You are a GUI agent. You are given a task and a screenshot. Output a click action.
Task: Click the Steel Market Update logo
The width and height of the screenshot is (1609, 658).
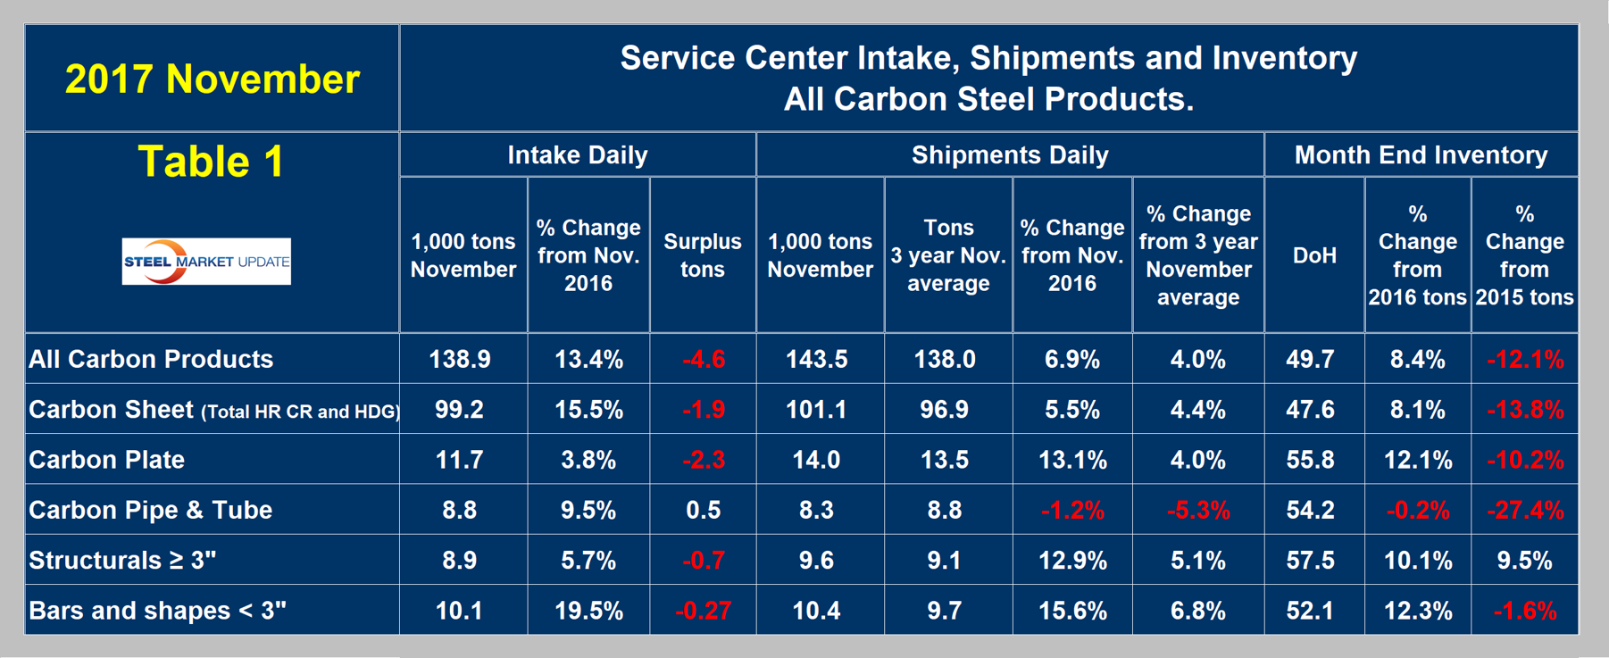[x=206, y=262]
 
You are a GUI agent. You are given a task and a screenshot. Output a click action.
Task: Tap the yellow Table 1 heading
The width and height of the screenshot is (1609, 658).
[x=212, y=162]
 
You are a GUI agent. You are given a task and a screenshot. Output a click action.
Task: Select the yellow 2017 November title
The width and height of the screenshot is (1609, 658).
[x=213, y=79]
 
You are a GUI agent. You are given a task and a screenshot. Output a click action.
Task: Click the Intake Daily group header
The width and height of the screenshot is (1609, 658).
[x=578, y=155]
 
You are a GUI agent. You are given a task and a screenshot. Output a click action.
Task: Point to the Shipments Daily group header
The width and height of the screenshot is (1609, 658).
[x=1010, y=155]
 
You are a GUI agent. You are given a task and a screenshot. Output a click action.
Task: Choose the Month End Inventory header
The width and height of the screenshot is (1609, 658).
[x=1421, y=155]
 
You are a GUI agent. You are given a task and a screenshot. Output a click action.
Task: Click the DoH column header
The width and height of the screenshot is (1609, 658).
[x=1314, y=255]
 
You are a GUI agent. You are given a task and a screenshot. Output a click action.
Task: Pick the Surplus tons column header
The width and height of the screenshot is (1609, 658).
[x=703, y=255]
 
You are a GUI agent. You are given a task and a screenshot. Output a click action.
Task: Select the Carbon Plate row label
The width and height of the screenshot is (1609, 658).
[x=107, y=460]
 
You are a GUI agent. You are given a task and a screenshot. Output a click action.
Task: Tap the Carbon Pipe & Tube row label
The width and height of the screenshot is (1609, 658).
[x=151, y=510]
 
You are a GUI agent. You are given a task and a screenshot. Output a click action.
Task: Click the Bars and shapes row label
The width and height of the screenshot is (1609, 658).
[x=158, y=611]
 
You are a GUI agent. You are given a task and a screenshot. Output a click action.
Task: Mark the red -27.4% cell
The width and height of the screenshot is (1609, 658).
[x=1525, y=511]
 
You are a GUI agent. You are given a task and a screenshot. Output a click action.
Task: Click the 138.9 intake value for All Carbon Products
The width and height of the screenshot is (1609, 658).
[x=460, y=360]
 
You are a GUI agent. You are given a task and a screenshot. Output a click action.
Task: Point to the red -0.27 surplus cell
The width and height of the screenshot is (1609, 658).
[x=704, y=611]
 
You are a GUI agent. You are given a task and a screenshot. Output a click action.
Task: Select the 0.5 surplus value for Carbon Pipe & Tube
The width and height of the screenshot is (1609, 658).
[x=704, y=511]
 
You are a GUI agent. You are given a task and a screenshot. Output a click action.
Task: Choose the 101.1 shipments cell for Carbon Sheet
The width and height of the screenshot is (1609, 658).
[x=816, y=410]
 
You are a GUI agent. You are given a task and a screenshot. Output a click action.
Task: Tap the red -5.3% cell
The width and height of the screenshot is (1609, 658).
[x=1198, y=511]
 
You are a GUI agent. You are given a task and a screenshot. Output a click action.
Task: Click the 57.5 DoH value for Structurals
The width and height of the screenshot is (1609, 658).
[x=1311, y=561]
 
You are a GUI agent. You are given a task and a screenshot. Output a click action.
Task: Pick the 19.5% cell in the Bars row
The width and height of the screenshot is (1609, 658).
[x=588, y=611]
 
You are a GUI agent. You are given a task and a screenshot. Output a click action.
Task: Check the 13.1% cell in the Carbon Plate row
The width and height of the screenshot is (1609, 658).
[x=1072, y=460]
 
